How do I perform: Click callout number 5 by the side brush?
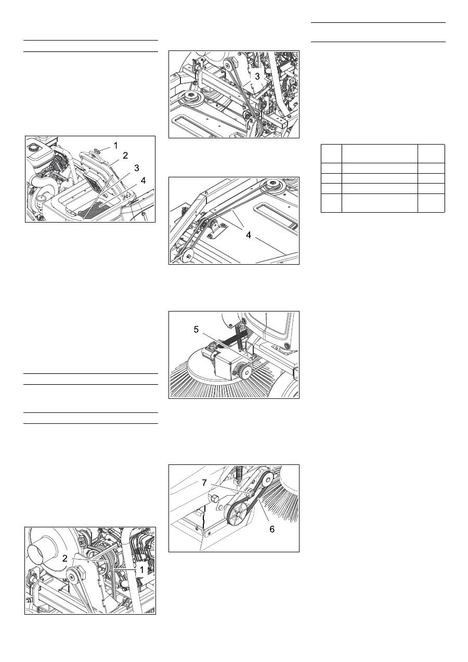click(196, 330)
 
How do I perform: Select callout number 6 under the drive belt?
click(272, 529)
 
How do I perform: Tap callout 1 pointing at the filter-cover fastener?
click(115, 146)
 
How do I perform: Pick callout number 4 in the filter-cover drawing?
click(143, 180)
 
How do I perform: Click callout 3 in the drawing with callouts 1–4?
click(136, 168)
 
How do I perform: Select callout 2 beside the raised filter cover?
click(125, 155)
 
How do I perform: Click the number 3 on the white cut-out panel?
click(257, 76)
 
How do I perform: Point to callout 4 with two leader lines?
click(249, 235)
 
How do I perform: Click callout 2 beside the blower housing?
click(65, 559)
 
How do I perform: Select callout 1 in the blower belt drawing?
click(141, 569)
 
